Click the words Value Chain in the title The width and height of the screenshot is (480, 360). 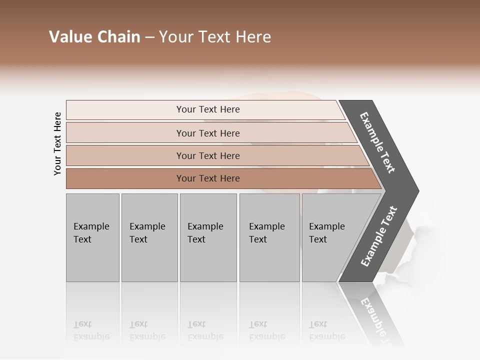tap(94, 37)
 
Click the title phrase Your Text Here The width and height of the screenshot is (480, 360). tap(215, 37)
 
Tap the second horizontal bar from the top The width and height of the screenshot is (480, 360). tap(208, 133)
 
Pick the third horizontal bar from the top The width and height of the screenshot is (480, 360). tap(208, 155)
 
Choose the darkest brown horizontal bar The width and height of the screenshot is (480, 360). tap(208, 178)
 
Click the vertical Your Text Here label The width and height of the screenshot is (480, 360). tap(57, 143)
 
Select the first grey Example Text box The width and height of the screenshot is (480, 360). tap(92, 237)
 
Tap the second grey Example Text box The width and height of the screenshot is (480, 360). tap(149, 237)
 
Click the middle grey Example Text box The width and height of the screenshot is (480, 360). tap(208, 237)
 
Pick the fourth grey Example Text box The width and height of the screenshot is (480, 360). tap(269, 237)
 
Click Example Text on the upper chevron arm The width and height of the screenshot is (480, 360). tap(377, 142)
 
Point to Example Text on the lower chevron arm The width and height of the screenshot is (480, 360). tap(378, 236)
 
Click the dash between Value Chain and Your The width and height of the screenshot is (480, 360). tap(149, 37)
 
